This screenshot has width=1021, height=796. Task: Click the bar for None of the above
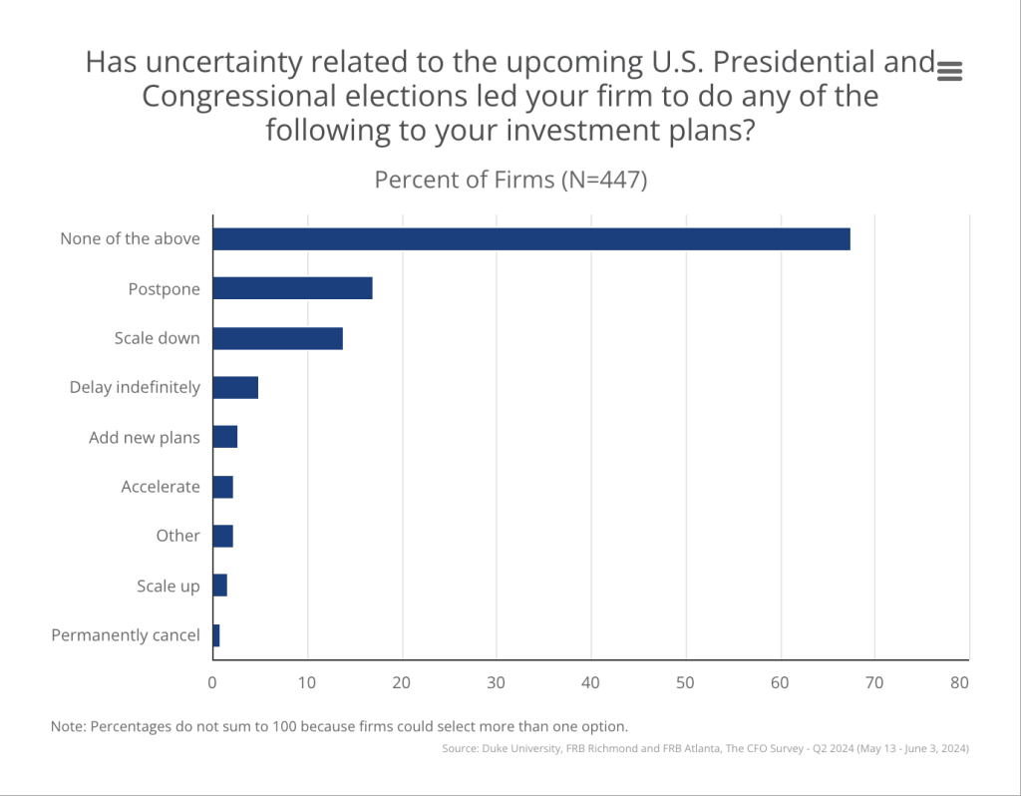(530, 239)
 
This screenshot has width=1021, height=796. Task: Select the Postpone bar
(292, 288)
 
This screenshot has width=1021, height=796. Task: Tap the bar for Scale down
(277, 338)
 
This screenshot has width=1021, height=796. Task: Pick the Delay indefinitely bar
(235, 387)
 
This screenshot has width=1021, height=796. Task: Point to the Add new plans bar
(225, 437)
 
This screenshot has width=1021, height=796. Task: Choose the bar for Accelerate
(222, 487)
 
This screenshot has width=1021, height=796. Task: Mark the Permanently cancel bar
(216, 635)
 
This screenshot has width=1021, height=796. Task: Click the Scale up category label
(168, 586)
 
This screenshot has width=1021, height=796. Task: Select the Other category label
(177, 536)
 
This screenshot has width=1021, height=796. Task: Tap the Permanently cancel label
(126, 635)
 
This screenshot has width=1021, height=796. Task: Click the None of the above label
(130, 239)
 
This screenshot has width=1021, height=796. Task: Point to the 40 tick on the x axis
(591, 683)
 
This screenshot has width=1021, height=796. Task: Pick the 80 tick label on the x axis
(959, 683)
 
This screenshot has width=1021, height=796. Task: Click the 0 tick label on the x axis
(212, 683)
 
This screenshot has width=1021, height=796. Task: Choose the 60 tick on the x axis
(781, 683)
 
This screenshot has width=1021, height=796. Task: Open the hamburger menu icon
(949, 70)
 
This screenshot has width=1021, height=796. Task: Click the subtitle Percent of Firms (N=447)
(510, 181)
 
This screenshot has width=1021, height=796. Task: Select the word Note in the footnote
(68, 726)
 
